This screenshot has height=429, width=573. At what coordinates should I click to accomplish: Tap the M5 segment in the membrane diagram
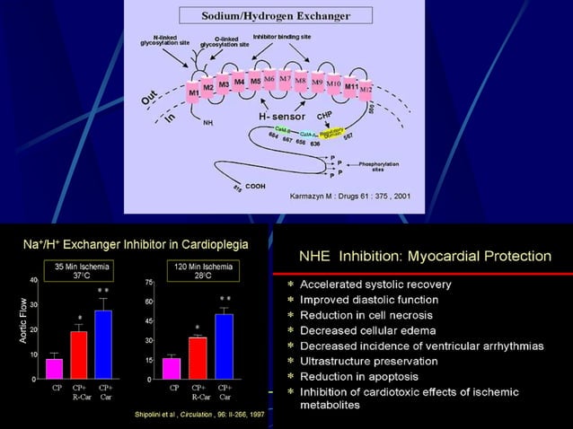point(256,81)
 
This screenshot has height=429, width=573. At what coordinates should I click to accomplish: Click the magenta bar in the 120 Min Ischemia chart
point(171,368)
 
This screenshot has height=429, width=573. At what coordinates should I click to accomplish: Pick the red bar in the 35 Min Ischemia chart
point(80,355)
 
